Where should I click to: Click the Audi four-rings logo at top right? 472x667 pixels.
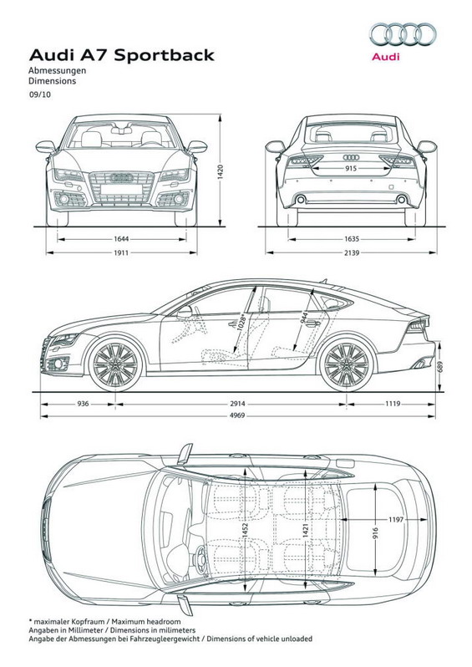403,34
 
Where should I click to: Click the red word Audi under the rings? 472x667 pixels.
386,56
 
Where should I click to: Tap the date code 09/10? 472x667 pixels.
39,94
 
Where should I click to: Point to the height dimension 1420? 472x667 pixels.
221,171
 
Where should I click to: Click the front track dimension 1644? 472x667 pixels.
121,239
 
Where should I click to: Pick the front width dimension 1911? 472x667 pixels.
121,252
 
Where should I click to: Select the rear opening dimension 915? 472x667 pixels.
351,169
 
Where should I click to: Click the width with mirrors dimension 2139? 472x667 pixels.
352,252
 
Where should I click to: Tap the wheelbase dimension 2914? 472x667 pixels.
238,404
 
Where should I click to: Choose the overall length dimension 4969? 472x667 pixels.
237,415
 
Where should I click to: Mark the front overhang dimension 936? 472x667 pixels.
83,404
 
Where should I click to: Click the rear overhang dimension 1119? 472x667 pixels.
393,404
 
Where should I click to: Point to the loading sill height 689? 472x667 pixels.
440,366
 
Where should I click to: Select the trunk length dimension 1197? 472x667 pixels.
395,519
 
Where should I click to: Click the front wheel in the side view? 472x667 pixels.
115,365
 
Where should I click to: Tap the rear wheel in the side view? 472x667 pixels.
347,365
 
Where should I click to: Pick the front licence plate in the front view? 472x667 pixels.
122,189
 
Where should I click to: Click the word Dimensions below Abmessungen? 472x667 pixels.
53,81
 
